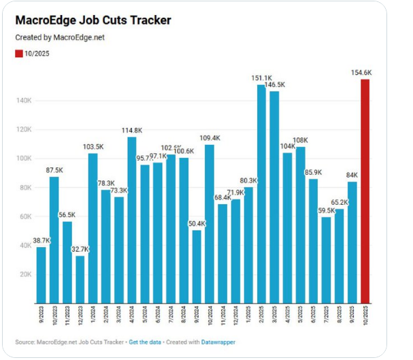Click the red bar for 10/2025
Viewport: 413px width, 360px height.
[x=365, y=191]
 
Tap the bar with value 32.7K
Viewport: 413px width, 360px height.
[x=80, y=279]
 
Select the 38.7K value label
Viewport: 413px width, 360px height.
[x=40, y=241]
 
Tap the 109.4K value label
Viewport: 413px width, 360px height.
[x=210, y=138]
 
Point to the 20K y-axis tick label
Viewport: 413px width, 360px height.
[x=24, y=274]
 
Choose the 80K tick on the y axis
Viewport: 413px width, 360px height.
[x=24, y=187]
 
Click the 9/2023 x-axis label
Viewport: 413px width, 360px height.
[x=42, y=316]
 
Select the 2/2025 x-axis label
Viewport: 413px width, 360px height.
[x=262, y=316]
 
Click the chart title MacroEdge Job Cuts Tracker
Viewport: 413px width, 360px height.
[x=93, y=20]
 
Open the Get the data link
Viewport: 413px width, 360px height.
[x=146, y=342]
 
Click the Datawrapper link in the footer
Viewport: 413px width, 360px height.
[x=218, y=342]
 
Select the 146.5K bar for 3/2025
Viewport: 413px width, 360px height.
[x=274, y=197]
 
